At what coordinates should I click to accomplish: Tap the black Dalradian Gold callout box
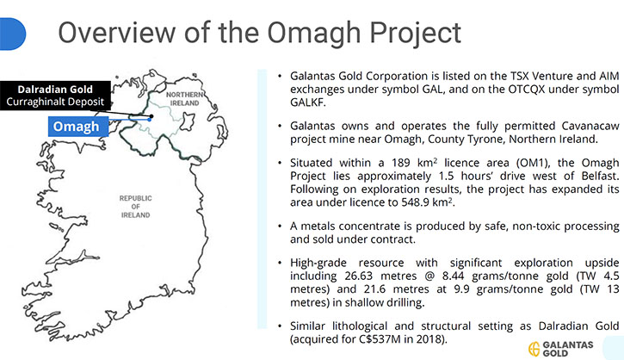[x=55, y=96]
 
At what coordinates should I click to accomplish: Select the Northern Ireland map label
[x=185, y=99]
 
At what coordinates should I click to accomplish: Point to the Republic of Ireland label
[x=136, y=207]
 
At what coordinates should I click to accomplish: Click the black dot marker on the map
[x=151, y=116]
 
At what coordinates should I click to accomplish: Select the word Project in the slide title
[x=416, y=34]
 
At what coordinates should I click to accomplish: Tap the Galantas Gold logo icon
[x=534, y=349]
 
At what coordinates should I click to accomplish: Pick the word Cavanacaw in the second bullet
[x=590, y=126]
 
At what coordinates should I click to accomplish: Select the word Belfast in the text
[x=600, y=176]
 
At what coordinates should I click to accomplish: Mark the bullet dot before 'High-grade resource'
[x=281, y=263]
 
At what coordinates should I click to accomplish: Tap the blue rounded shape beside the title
[x=12, y=34]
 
